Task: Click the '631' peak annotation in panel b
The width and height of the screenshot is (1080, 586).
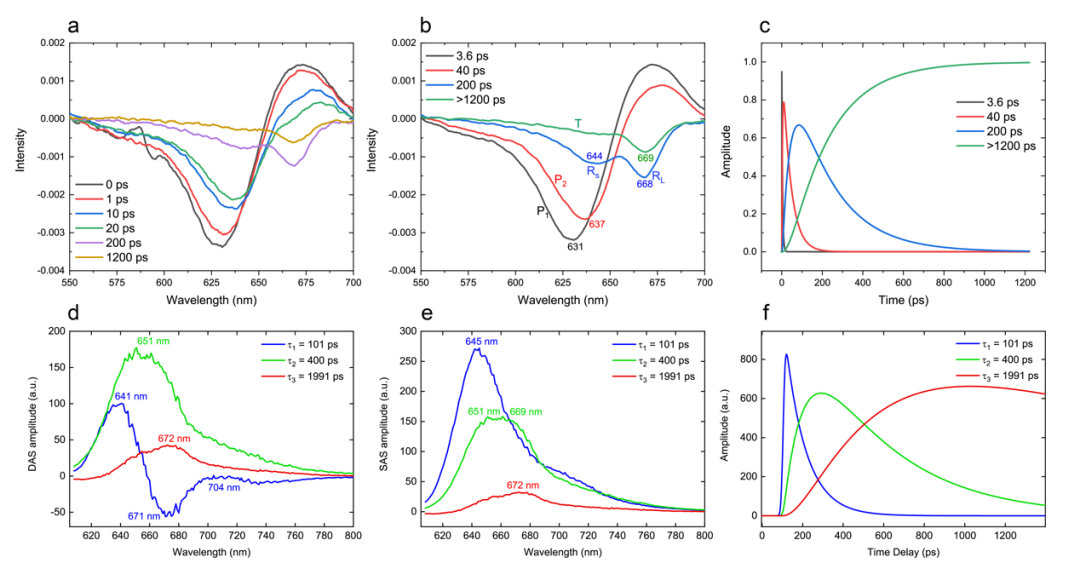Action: point(575,245)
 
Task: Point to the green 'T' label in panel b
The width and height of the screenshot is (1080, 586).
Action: point(578,124)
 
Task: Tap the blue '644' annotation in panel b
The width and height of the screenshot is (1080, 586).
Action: point(594,156)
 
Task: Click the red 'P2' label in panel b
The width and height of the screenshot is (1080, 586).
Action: point(560,180)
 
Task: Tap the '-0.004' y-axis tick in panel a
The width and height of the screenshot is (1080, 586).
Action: point(38,271)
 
